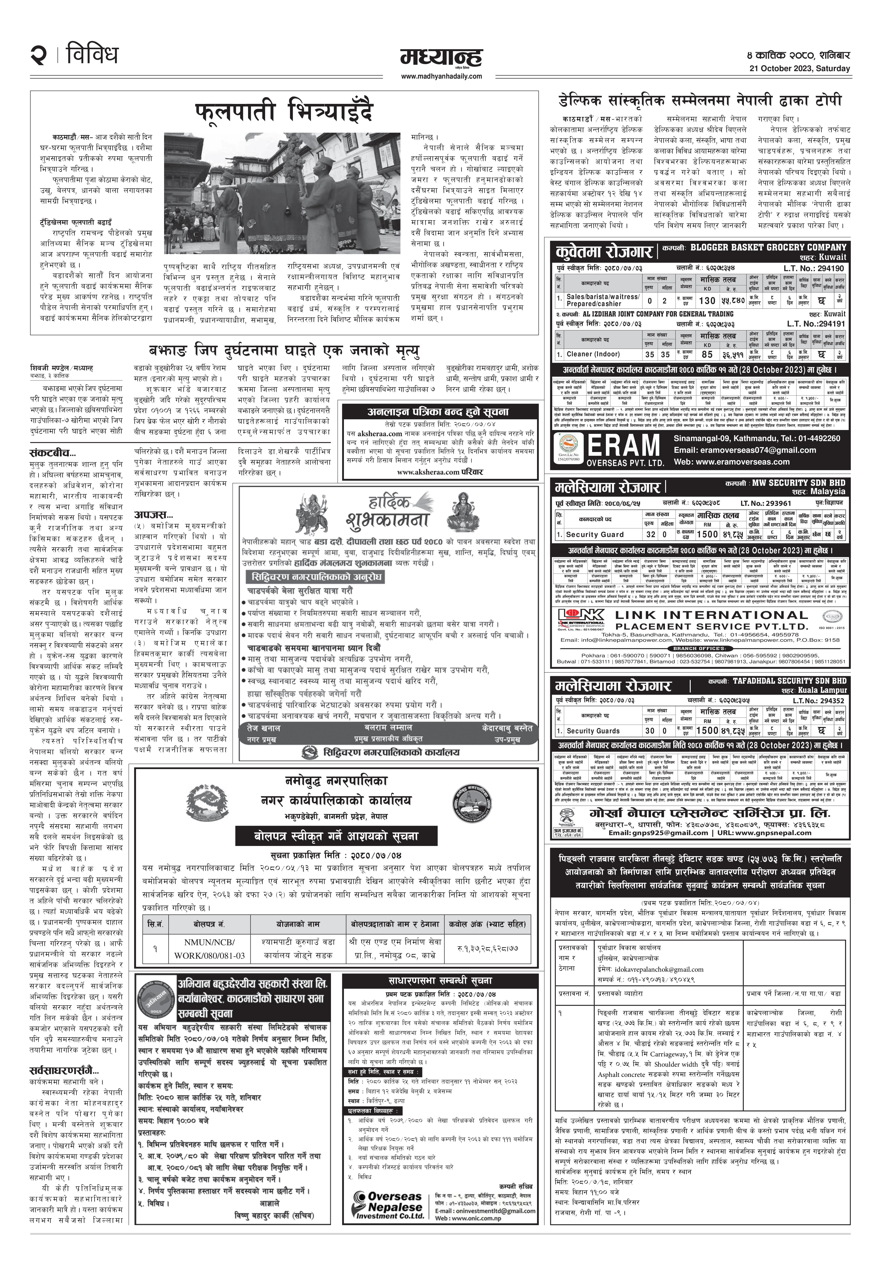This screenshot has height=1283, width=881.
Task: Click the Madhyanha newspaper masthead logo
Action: click(x=441, y=58)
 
